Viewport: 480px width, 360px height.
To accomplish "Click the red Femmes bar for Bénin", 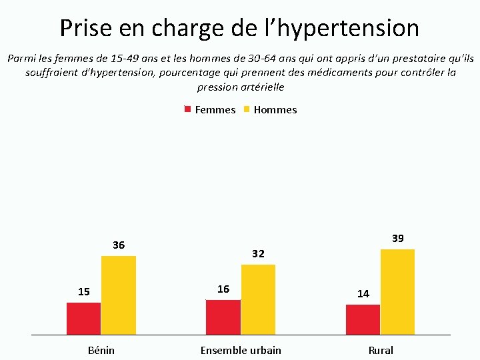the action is (x=83, y=319).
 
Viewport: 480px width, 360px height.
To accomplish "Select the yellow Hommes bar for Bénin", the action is (x=119, y=295).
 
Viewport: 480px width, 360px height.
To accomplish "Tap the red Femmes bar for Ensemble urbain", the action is (x=223, y=317).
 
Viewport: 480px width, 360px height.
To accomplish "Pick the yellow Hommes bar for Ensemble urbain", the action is (x=258, y=300).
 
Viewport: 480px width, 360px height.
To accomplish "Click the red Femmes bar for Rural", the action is (x=363, y=319).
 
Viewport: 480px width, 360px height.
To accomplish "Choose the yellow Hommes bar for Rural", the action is (x=397, y=292).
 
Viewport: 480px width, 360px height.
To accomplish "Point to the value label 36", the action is (x=119, y=245).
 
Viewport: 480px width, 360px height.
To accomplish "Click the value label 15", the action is (x=84, y=292).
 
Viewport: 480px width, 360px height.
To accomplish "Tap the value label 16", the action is (x=223, y=289).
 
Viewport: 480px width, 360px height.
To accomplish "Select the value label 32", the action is (x=258, y=254).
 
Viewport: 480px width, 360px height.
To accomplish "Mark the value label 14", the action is (x=363, y=294).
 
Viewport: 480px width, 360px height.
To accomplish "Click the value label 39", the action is (x=398, y=239).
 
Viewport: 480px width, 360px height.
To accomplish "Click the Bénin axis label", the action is (x=101, y=350).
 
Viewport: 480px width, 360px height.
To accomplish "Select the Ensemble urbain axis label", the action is (x=241, y=350).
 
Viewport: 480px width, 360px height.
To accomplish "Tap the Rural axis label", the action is (x=381, y=350).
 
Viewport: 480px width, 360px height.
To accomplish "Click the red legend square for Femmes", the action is (x=187, y=109).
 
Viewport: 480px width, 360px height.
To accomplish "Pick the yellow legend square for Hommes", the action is (x=247, y=109).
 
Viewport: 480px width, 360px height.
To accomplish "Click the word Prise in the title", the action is (x=86, y=28).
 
